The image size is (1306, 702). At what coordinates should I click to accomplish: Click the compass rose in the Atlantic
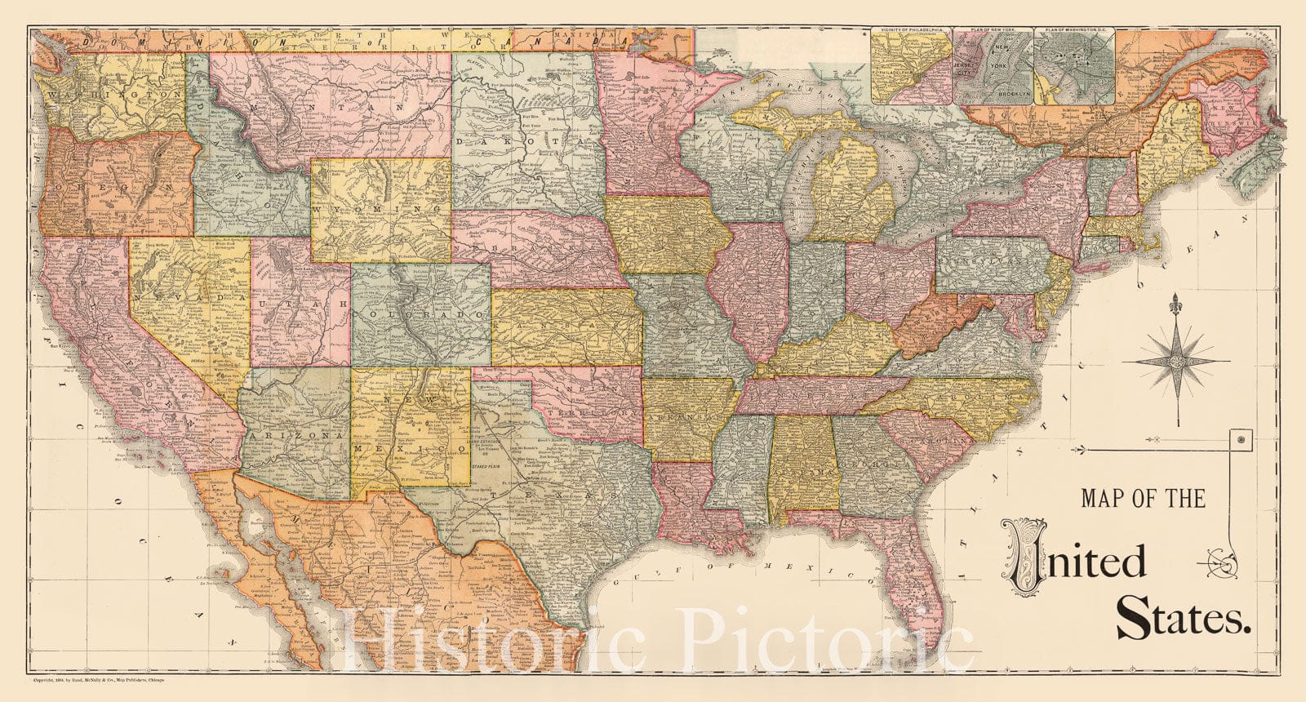(1175, 360)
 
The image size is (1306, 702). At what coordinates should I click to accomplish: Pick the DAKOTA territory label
(526, 141)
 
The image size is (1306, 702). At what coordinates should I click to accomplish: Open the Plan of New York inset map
(993, 68)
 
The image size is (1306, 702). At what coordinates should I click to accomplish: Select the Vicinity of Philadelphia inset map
(912, 68)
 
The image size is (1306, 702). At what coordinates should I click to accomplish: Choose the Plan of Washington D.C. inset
(1075, 68)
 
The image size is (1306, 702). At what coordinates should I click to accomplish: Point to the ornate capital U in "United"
(1030, 556)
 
